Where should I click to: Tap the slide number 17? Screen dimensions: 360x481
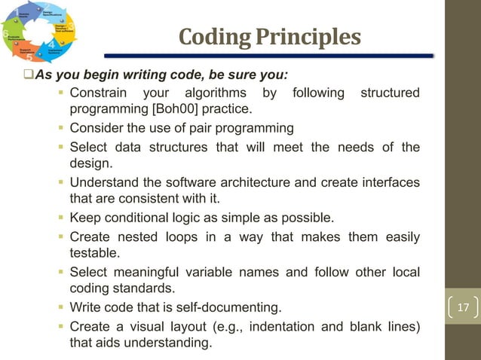pyautogui.click(x=463, y=308)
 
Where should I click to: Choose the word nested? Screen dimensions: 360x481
pyautogui.click(x=135, y=236)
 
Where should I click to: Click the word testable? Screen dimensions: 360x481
pyautogui.click(x=94, y=253)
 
